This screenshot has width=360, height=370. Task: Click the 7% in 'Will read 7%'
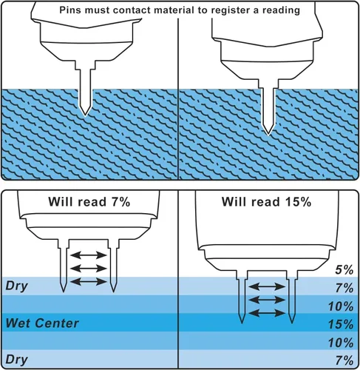tap(120, 202)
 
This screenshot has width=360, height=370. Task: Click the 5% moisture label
tap(344, 270)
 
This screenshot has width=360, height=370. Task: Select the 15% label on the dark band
tap(341, 324)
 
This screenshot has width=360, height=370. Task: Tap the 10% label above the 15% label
tap(341, 306)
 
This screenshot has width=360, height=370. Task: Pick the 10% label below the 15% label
tap(341, 343)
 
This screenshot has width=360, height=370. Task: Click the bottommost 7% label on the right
tap(344, 360)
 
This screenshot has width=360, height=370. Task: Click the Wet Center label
tap(42, 323)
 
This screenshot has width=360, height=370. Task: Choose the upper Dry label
tap(16, 286)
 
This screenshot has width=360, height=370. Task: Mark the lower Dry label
tap(16, 360)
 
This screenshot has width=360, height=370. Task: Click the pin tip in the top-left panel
tap(85, 115)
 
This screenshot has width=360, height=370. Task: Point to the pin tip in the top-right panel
tap(268, 135)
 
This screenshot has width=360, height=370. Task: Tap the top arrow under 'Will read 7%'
tap(89, 255)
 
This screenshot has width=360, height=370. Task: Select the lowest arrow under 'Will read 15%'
tap(267, 313)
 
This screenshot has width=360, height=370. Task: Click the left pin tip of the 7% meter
tap(64, 292)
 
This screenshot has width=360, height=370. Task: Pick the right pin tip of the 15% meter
tap(292, 323)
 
